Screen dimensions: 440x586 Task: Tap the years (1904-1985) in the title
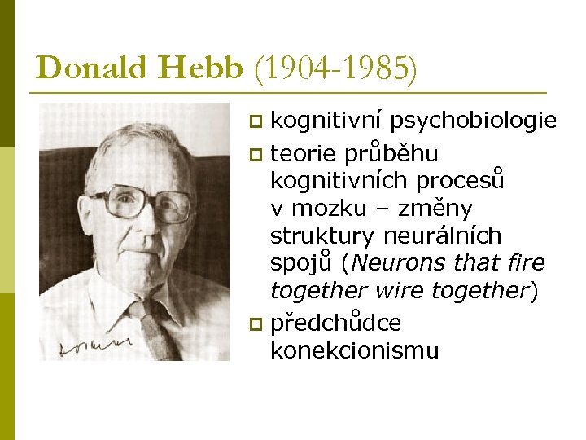tap(336, 68)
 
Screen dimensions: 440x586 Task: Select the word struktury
tap(316, 236)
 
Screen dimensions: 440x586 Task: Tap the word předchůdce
tap(335, 323)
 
